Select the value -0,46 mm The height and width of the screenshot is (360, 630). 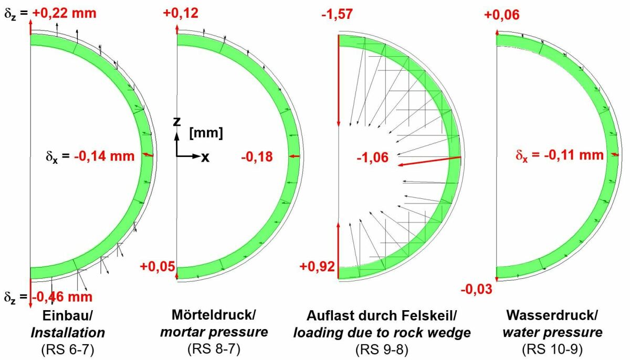tap(62, 297)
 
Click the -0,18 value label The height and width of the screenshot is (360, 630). tap(257, 156)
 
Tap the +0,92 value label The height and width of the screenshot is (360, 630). tap(317, 267)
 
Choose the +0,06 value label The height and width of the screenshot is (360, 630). tap(502, 15)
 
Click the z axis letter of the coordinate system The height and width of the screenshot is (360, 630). tap(177, 121)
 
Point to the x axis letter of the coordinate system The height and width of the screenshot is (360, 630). tap(205, 157)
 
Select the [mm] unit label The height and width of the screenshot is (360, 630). tap(205, 133)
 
